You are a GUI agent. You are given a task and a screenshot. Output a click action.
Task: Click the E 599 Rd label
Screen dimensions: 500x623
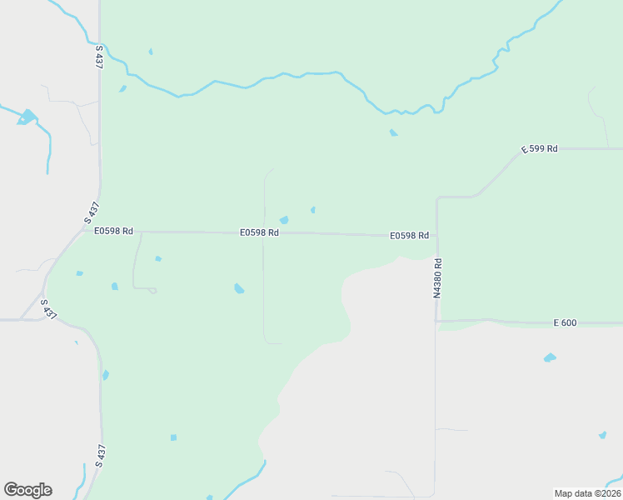pyautogui.click(x=540, y=148)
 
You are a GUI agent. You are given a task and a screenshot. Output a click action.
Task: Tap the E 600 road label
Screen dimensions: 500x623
pyautogui.click(x=565, y=322)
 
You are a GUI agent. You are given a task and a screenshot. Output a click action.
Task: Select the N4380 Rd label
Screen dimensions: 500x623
pyautogui.click(x=436, y=277)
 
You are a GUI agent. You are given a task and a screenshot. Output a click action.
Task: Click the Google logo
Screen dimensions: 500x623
pyautogui.click(x=27, y=489)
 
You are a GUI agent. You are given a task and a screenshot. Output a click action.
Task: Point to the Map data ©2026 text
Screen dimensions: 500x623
pyautogui.click(x=587, y=493)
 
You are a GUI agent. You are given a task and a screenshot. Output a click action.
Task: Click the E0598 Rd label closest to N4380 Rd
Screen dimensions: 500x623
pyautogui.click(x=409, y=236)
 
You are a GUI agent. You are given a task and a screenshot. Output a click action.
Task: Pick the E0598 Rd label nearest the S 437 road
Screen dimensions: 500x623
pyautogui.click(x=113, y=231)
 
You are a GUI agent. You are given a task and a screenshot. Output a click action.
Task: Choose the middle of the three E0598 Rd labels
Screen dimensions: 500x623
pyautogui.click(x=259, y=232)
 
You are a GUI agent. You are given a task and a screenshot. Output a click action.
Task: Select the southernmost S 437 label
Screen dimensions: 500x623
pyautogui.click(x=101, y=455)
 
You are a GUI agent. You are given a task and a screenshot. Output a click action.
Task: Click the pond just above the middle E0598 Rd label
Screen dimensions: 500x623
pyautogui.click(x=284, y=220)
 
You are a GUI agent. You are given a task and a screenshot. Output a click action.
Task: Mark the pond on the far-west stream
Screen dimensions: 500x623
pyautogui.click(x=27, y=117)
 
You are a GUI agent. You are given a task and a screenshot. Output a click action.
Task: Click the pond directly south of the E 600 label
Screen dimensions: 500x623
pyautogui.click(x=550, y=357)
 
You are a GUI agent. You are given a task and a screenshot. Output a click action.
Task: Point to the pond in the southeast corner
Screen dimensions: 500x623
pyautogui.click(x=602, y=435)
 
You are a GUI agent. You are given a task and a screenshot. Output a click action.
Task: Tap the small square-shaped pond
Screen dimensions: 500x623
pyautogui.click(x=173, y=437)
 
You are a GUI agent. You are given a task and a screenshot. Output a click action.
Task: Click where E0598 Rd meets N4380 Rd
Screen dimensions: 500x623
pyautogui.click(x=436, y=236)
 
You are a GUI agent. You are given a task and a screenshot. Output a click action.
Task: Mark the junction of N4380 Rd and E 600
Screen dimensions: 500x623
pyautogui.click(x=436, y=321)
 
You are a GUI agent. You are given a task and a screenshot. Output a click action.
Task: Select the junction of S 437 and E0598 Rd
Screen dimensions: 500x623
pyautogui.click(x=83, y=231)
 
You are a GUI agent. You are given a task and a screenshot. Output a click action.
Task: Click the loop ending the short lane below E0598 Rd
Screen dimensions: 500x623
pyautogui.click(x=152, y=290)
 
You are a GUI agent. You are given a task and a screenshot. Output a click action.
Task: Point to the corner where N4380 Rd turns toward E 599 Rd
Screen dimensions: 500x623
pyautogui.click(x=438, y=198)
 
